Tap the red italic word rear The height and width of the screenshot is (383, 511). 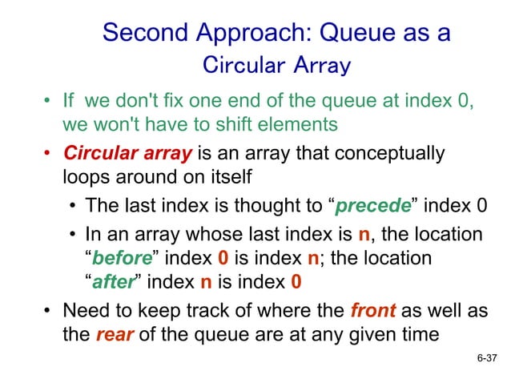[x=111, y=334]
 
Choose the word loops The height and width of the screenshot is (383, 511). [x=86, y=176]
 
